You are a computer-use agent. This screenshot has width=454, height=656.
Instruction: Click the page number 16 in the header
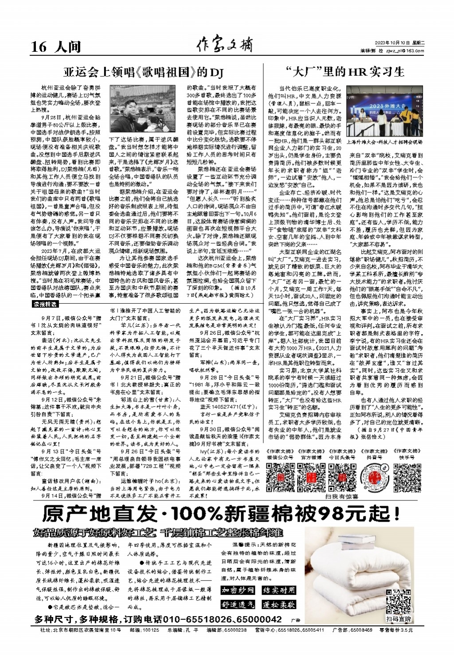(39, 47)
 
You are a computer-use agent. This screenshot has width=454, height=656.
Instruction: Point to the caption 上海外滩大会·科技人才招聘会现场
(384, 143)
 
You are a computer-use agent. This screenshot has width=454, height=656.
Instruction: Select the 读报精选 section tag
(46, 304)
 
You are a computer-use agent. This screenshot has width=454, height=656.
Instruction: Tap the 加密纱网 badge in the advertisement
(238, 590)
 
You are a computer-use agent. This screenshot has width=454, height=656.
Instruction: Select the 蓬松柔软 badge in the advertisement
(278, 605)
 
